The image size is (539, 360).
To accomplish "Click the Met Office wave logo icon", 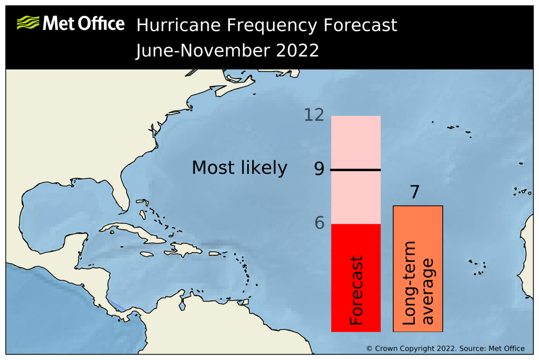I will point(28,23).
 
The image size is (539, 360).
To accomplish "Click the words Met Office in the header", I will point(83,24).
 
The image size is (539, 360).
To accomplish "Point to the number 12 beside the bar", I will point(314,115).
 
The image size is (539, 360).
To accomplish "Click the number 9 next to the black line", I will point(319,170).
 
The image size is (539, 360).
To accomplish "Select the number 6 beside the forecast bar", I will point(320,223).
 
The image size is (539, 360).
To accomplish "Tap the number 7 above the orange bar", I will point(414,193).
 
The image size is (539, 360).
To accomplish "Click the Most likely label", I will point(239,168).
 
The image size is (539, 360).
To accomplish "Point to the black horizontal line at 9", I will point(355,170).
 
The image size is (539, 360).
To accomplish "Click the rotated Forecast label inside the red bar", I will point(357,290).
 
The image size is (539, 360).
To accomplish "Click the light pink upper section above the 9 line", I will point(355,141).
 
